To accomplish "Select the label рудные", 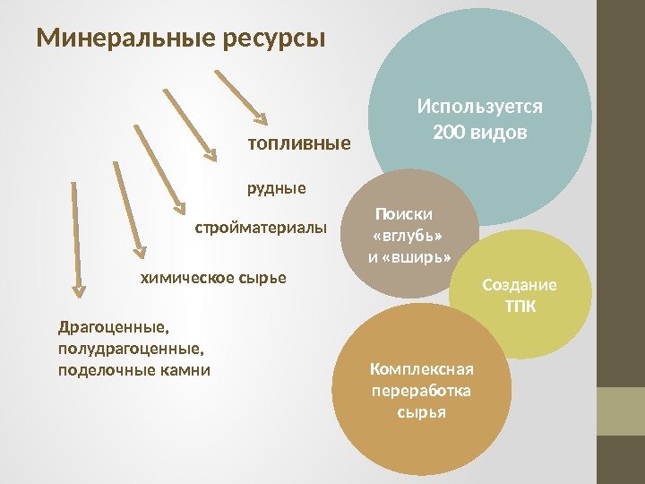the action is (x=276, y=188).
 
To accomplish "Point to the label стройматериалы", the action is (x=261, y=229).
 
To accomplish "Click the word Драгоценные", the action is (x=112, y=327).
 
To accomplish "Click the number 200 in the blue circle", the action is (x=447, y=134).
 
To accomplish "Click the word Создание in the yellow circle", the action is (x=520, y=286).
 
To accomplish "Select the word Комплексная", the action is (x=421, y=370).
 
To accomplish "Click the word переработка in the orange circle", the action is (x=421, y=392).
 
